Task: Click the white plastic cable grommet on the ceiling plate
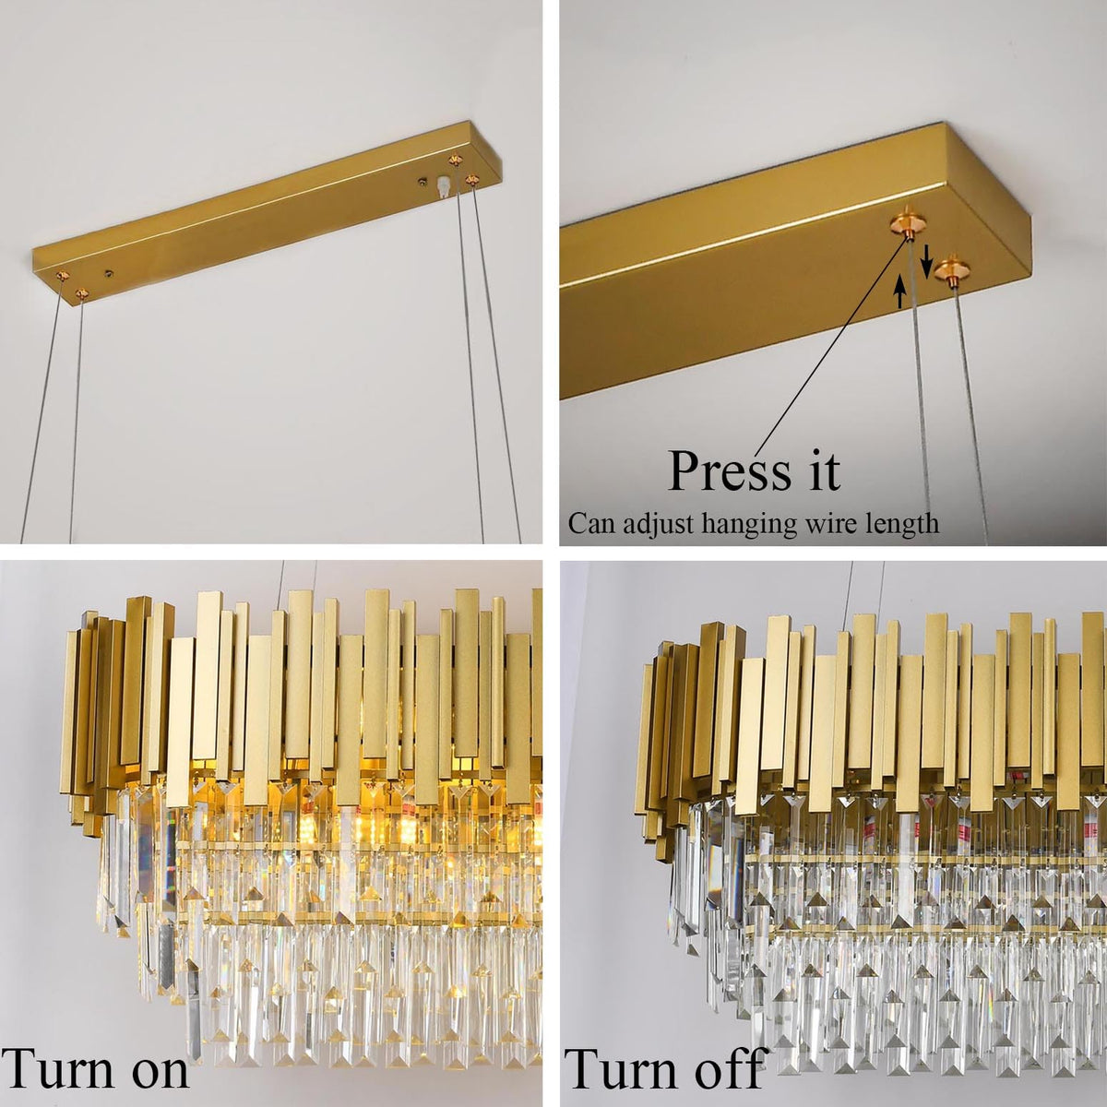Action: tap(442, 186)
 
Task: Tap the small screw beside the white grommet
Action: tap(423, 182)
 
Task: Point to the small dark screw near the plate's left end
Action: tap(109, 274)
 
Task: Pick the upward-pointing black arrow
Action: tap(900, 291)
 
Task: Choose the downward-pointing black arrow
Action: tap(926, 261)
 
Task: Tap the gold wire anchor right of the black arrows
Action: tap(952, 271)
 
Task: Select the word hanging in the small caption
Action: tap(748, 525)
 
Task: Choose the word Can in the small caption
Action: tap(592, 523)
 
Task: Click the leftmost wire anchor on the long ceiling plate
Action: tap(61, 277)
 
